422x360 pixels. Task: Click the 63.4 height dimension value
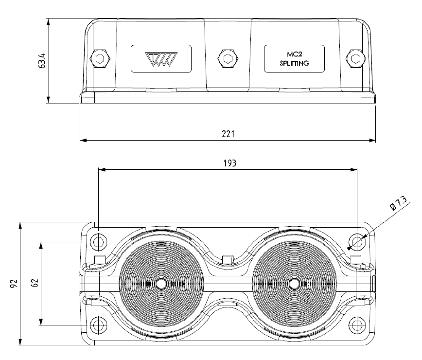pyautogui.click(x=42, y=61)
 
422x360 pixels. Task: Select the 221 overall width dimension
pyautogui.click(x=228, y=133)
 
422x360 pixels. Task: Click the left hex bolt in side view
pyautogui.click(x=100, y=59)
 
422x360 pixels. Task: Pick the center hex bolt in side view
pyautogui.click(x=227, y=59)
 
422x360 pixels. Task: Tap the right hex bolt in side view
pyautogui.click(x=355, y=59)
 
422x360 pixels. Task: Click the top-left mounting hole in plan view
pyautogui.click(x=99, y=241)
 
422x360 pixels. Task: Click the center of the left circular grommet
pyautogui.click(x=161, y=284)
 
